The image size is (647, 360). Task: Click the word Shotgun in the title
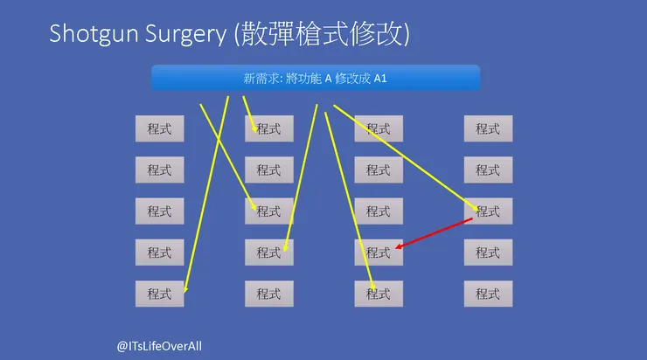pos(94,34)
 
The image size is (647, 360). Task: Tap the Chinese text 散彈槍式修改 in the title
pos(322,33)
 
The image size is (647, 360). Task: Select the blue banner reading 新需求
pos(316,78)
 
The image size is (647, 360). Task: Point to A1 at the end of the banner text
pos(380,79)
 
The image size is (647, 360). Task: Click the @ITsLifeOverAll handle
pos(159,346)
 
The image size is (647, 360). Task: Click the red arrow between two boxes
pos(434,233)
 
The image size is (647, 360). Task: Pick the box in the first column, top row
pos(160,128)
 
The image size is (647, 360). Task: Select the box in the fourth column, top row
pos(488,128)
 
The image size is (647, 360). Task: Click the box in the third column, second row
pos(379,170)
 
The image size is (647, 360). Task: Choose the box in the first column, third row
pos(160,211)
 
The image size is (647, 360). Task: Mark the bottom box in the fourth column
pos(488,294)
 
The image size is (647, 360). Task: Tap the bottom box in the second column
pos(269,294)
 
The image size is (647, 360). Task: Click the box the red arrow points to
pos(379,253)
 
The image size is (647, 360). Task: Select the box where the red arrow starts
pos(488,211)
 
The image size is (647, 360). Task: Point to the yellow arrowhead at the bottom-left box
pos(185,289)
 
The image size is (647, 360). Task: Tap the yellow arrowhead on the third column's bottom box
pos(372,287)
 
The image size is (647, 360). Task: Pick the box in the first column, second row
pos(160,170)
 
